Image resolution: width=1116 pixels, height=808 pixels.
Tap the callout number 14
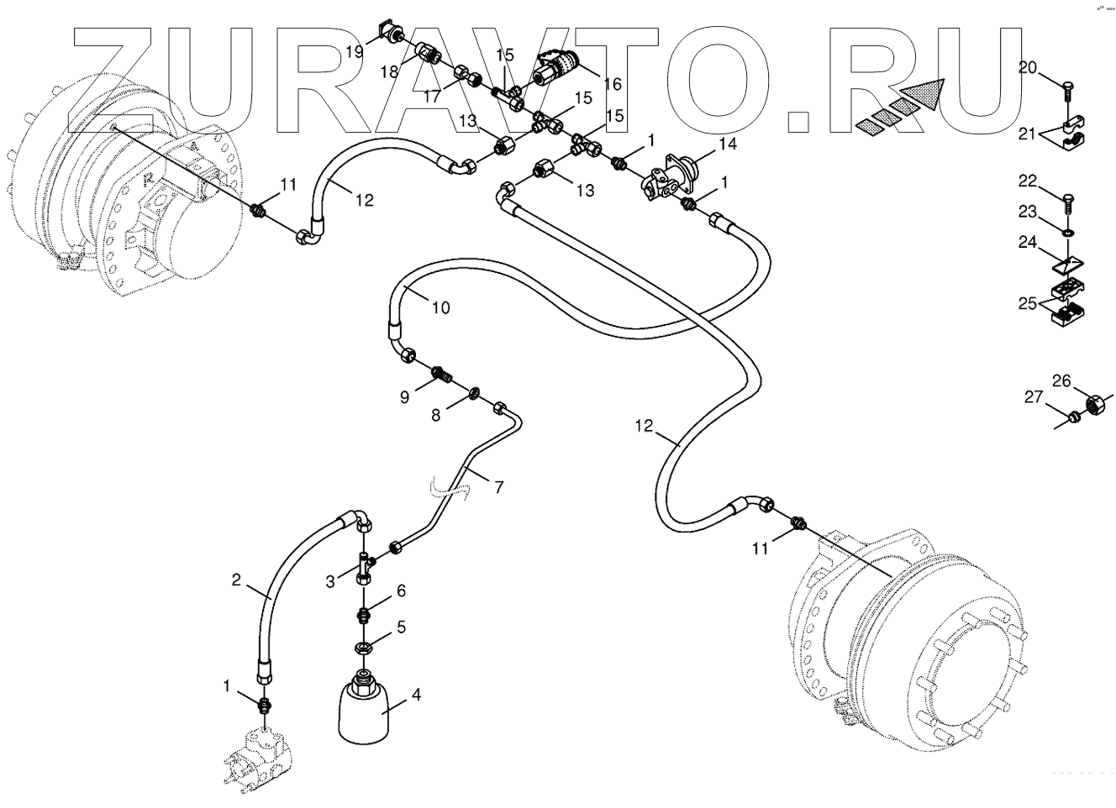point(727,144)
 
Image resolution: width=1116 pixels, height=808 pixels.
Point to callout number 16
point(611,84)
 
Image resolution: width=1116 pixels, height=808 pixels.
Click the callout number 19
point(354,51)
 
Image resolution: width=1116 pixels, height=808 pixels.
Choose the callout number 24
point(1028,244)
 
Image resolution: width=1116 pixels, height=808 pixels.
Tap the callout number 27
point(1033,396)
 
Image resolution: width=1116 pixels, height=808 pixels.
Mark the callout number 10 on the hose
point(440,307)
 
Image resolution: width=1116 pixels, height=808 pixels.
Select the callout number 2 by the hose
point(236,580)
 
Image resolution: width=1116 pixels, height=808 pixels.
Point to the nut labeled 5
point(365,648)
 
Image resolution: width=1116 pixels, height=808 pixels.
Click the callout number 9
point(404,396)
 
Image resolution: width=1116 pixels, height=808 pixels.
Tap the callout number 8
point(435,415)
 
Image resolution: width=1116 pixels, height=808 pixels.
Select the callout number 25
point(1028,303)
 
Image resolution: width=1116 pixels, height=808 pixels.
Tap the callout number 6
point(401,590)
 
